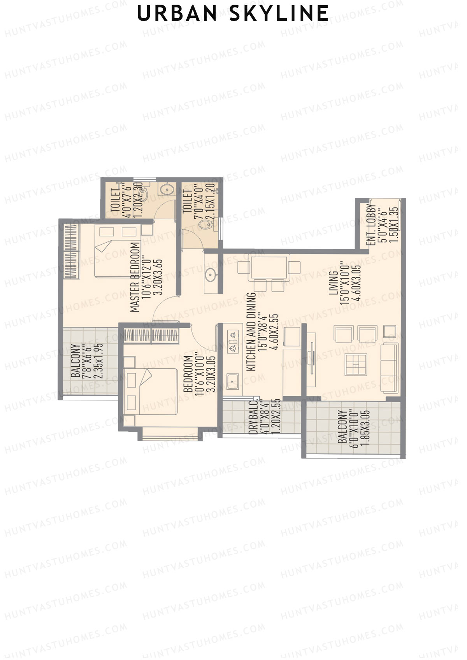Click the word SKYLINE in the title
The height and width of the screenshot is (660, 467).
[279, 14]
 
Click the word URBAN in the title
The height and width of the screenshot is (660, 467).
[177, 14]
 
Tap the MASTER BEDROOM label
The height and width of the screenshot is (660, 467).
[135, 277]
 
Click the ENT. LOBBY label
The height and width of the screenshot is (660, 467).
[372, 225]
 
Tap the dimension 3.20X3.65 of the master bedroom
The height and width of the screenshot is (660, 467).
[158, 277]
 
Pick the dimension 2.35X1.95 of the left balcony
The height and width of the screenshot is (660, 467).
[99, 361]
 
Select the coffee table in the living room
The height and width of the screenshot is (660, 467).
[356, 364]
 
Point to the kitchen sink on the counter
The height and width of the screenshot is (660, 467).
[233, 381]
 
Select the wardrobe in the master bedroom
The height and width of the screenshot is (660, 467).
[71, 252]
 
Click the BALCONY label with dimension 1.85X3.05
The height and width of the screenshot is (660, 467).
[342, 427]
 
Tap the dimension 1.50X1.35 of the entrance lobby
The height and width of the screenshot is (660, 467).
[394, 225]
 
